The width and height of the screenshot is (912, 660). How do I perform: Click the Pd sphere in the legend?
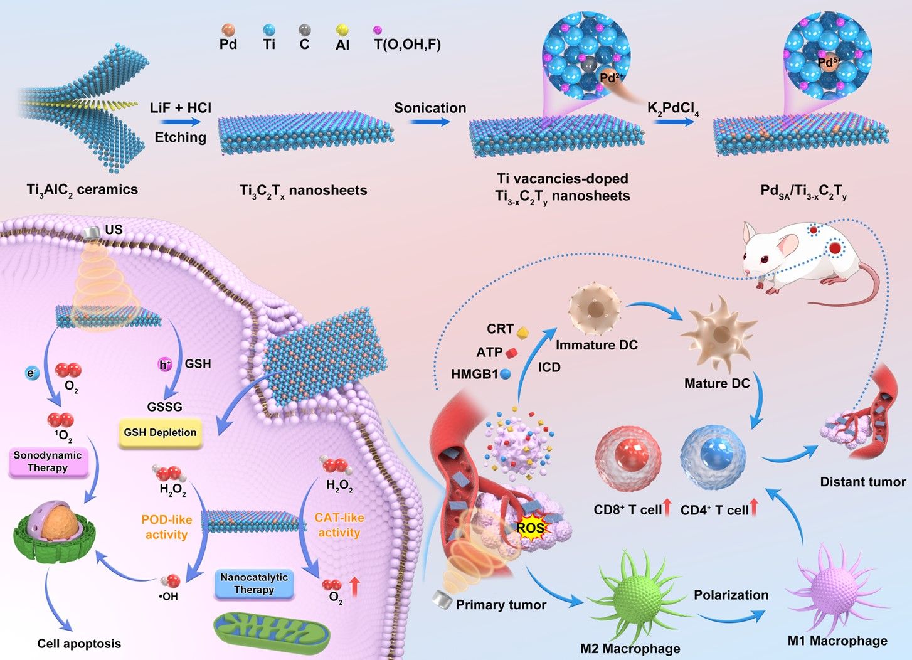point(228,29)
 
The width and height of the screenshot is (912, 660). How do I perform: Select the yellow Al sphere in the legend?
point(342,29)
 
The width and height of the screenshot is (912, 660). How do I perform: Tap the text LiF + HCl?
point(181,108)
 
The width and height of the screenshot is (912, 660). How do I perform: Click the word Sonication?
point(430,108)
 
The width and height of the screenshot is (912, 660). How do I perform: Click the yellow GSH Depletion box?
point(160,433)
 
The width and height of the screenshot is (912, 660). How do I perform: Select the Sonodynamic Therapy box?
point(48,462)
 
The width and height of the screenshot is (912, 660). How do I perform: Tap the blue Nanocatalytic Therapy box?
point(254,583)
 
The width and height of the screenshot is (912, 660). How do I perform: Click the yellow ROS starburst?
point(530,528)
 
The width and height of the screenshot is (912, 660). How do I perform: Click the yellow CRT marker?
point(522,331)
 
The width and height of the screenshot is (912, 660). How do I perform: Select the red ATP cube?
point(511,353)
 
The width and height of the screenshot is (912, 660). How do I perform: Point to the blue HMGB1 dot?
point(505,374)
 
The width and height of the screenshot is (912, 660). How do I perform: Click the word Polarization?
point(731,595)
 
